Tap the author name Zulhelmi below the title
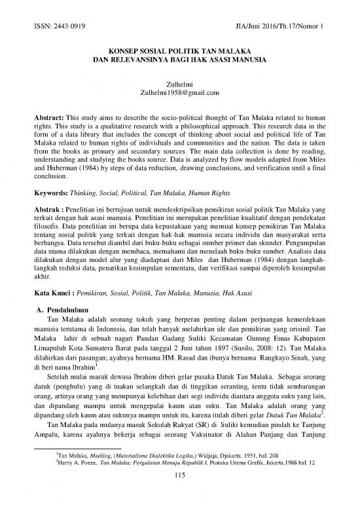[179, 83]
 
